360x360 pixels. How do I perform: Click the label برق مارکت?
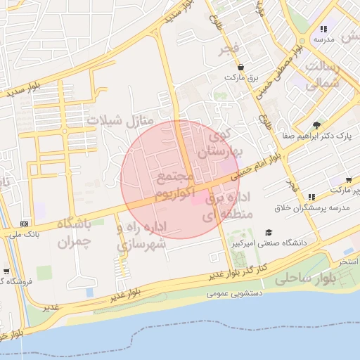click(x=243, y=77)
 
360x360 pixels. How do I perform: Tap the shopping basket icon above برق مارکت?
click(x=241, y=67)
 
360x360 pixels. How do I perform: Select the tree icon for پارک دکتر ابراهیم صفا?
click(x=318, y=124)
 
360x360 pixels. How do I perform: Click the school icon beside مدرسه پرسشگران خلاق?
click(x=311, y=197)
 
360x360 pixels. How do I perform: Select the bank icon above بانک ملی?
click(x=25, y=223)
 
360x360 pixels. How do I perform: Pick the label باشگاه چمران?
click(x=74, y=233)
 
